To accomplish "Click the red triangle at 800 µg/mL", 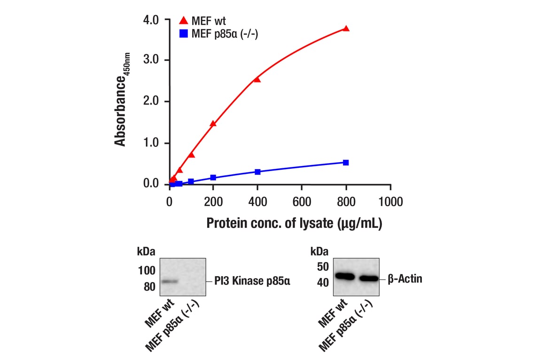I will coord(346,29).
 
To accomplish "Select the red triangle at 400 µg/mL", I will coord(257,79).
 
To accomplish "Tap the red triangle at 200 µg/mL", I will coord(213,124).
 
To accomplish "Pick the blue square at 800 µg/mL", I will coord(346,163).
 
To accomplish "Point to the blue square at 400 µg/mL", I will coord(257,172).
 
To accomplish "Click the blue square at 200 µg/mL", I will coord(213,178).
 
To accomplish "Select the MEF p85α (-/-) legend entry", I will coord(219,34).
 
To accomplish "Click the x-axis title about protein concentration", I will coord(294,224).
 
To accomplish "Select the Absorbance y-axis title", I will coord(122,100).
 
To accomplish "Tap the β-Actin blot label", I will coord(404,279).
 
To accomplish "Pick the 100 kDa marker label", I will coord(146,270).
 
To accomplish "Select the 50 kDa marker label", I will coord(323,267).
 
